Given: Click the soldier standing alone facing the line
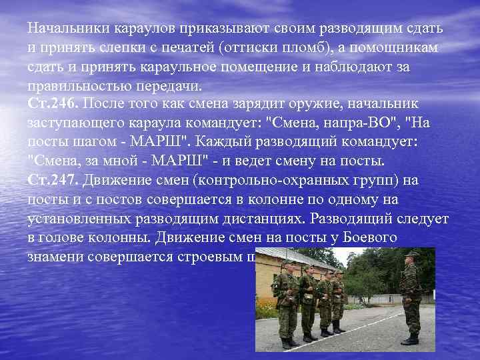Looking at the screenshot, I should (410, 297).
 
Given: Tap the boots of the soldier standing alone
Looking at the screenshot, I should (410, 339).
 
